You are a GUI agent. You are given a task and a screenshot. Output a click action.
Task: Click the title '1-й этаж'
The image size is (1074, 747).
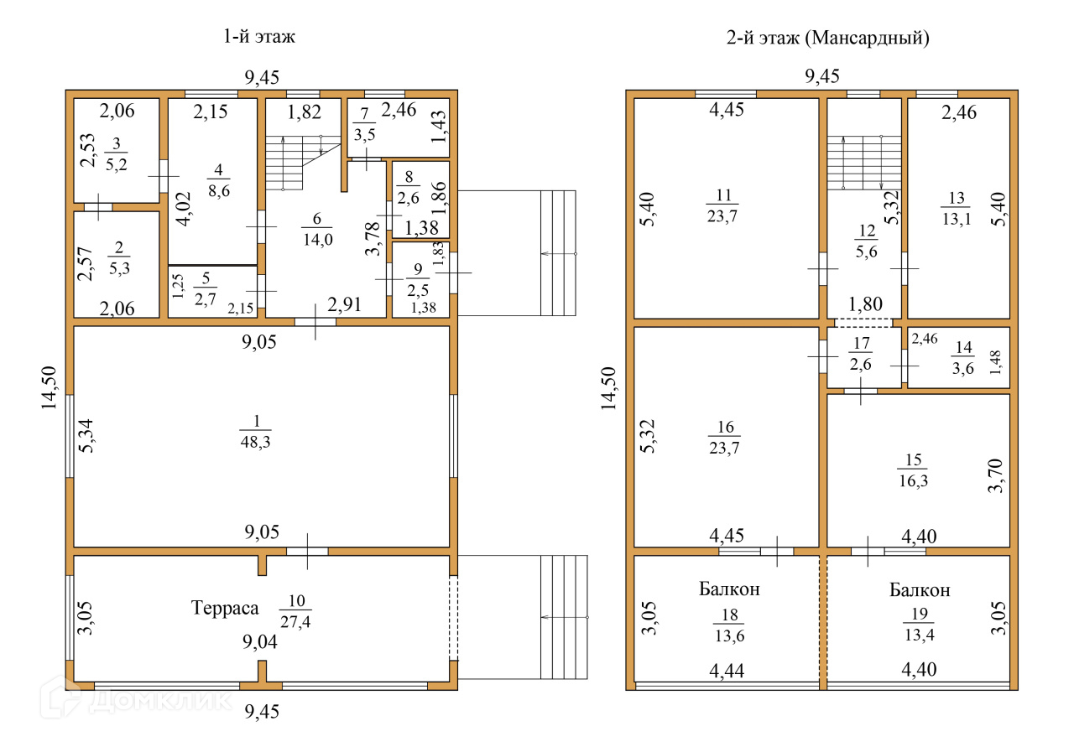(259, 36)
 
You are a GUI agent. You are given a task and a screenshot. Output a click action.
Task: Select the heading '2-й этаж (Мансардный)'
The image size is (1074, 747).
(828, 38)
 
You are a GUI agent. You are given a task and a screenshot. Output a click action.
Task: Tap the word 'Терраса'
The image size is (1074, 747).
(225, 608)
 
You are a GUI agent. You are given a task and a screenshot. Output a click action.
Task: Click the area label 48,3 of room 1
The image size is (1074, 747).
(256, 442)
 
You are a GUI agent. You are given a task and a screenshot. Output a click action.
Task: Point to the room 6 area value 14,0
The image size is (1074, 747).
(318, 239)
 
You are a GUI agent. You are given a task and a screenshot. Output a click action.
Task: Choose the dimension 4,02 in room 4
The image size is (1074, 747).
(184, 209)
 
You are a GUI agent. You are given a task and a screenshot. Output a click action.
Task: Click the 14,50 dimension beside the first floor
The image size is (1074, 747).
(49, 388)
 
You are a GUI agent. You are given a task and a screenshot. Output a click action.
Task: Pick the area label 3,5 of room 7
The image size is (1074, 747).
(364, 135)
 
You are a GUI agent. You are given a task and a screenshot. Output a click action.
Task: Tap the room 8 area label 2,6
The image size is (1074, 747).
(408, 198)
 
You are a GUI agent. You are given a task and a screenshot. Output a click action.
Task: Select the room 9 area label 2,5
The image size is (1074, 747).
(418, 290)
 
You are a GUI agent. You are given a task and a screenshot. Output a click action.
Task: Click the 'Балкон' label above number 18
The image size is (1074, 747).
(729, 589)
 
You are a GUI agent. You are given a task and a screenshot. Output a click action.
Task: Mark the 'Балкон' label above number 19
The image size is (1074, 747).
(920, 590)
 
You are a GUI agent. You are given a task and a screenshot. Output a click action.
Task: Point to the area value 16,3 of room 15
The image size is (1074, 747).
(914, 480)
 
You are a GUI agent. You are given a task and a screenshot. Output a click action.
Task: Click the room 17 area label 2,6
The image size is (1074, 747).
(861, 365)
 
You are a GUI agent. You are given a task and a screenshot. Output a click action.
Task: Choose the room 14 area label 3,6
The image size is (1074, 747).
(962, 368)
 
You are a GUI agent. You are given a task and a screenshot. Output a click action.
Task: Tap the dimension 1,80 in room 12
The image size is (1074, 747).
(865, 303)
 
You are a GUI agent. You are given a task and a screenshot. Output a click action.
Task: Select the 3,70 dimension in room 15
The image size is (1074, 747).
(995, 476)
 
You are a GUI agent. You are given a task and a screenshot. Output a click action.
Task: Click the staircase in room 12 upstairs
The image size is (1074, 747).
(864, 163)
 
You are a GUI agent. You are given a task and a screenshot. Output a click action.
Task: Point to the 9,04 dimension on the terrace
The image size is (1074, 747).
(260, 641)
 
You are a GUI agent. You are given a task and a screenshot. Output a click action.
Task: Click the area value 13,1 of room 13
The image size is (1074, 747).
(957, 219)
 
